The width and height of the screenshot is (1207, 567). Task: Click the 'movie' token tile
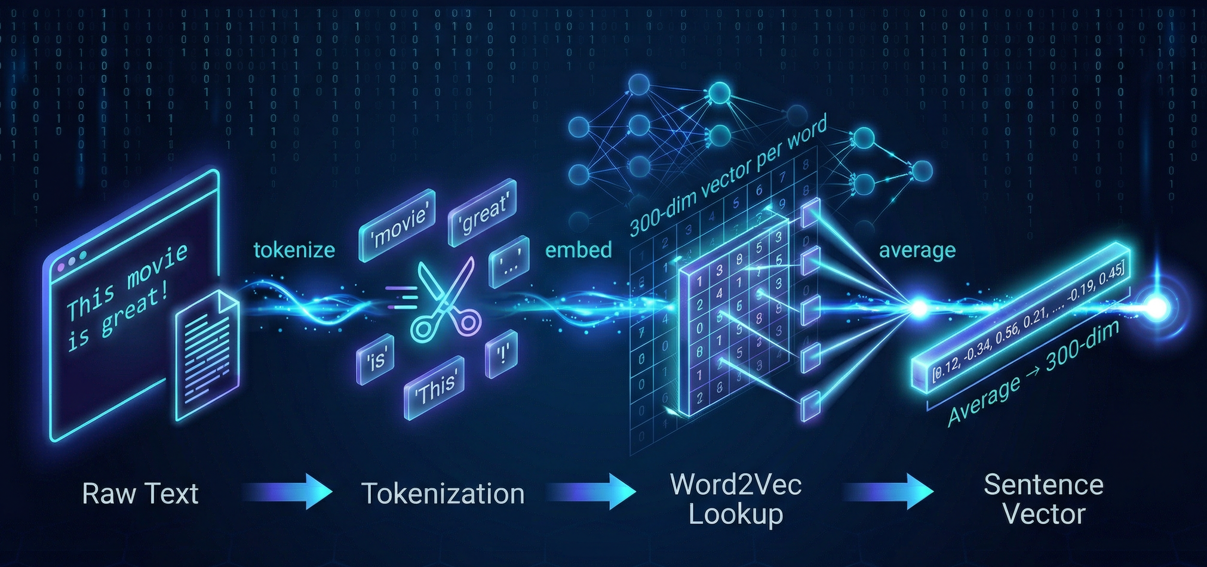point(397,225)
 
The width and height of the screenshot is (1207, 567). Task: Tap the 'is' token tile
point(376,358)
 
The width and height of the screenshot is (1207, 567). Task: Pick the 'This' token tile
point(434,387)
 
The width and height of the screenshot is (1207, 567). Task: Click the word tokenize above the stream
point(294,249)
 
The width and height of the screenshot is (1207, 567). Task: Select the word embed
point(578,249)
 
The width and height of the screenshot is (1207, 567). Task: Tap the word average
point(917,250)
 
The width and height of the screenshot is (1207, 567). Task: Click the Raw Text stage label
point(140,494)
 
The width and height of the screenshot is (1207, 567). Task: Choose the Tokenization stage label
point(443,494)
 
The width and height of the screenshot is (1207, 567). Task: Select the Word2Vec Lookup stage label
point(735,500)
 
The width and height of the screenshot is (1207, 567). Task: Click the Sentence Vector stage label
point(1043,500)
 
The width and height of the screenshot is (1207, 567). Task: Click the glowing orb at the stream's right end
point(1157,308)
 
